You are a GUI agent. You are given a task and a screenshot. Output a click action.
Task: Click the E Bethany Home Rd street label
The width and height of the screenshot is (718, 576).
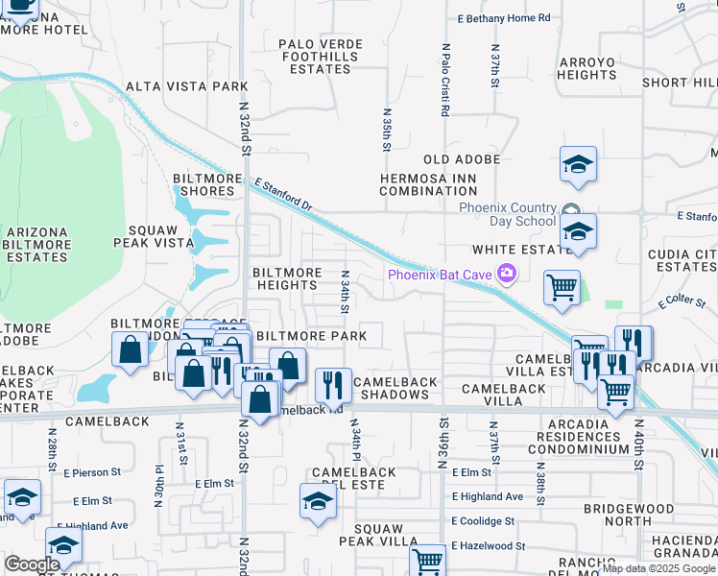(x=504, y=18)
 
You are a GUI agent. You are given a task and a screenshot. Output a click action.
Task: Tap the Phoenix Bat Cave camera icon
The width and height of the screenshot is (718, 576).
(x=507, y=276)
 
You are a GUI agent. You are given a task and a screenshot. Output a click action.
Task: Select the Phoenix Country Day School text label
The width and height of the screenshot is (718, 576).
(x=508, y=214)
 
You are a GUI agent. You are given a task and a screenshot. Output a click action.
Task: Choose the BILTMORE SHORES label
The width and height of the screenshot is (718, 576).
(x=203, y=184)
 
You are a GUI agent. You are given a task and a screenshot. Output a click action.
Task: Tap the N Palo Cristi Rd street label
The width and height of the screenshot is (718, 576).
(x=445, y=80)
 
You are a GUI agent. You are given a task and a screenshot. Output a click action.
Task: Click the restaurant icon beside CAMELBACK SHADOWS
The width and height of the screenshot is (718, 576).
(x=333, y=384)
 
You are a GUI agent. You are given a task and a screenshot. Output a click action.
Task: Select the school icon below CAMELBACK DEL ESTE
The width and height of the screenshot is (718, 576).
(x=318, y=500)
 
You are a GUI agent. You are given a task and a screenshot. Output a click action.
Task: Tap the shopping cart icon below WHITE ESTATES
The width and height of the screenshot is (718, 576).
(x=562, y=286)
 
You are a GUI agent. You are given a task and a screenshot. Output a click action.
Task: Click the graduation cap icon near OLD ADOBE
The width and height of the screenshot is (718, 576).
(x=578, y=164)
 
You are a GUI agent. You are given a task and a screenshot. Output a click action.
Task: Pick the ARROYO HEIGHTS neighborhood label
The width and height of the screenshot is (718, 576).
(x=586, y=68)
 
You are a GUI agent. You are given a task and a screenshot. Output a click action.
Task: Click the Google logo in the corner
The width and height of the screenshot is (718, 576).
(x=32, y=564)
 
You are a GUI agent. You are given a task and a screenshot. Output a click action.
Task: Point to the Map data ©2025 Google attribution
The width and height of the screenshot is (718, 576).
(x=658, y=568)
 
